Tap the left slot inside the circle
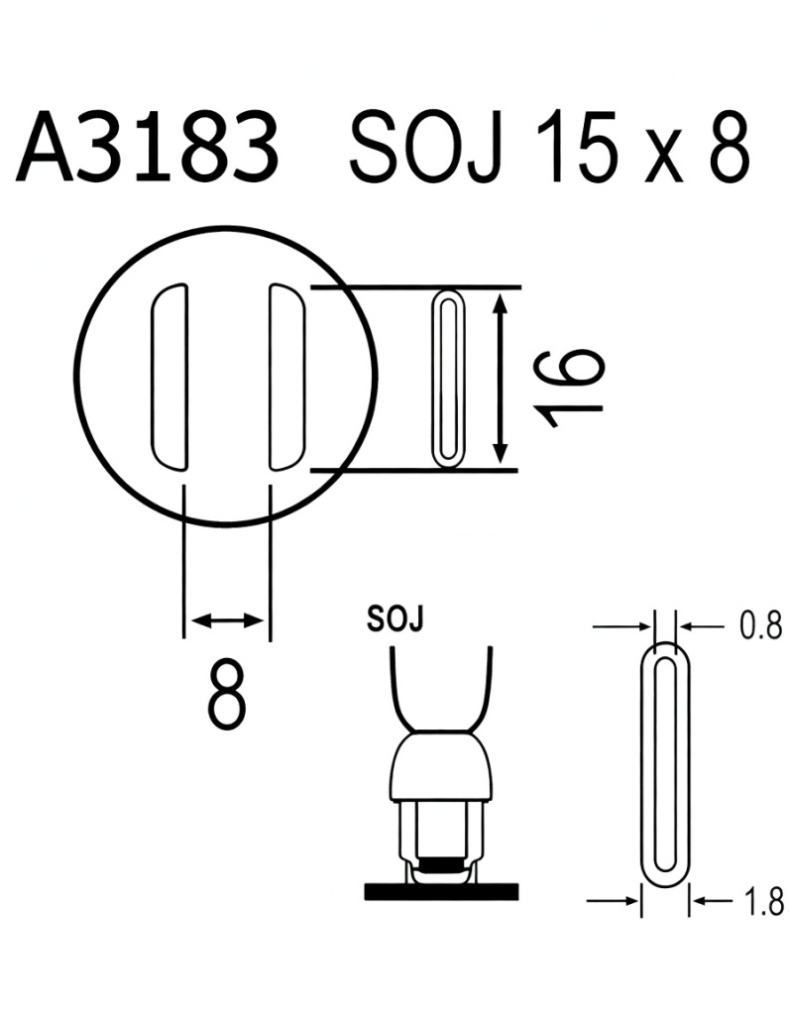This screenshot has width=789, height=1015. [168, 377]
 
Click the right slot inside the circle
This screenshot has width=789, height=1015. [287, 377]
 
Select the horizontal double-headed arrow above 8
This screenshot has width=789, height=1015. [227, 620]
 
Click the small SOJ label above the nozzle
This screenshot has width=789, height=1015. [394, 620]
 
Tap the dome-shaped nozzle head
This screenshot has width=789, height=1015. [443, 766]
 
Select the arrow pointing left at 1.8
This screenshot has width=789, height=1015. [706, 901]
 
